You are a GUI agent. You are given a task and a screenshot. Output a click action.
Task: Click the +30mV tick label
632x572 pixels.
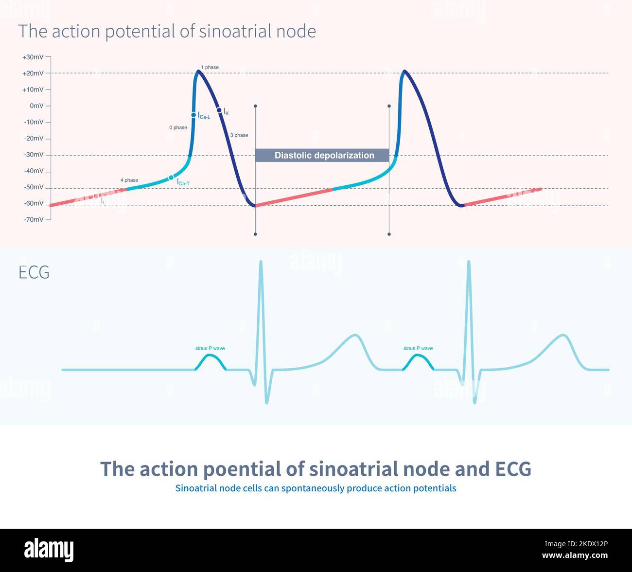(x=33, y=57)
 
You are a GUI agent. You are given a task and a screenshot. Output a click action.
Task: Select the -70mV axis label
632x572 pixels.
(x=34, y=219)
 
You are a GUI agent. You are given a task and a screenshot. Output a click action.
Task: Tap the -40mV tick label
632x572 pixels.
(x=34, y=171)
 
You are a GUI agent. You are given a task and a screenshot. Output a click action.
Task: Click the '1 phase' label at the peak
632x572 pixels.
(x=210, y=67)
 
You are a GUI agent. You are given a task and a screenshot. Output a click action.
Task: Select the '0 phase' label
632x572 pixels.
(x=178, y=127)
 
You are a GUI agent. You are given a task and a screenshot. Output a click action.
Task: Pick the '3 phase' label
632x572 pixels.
(x=239, y=135)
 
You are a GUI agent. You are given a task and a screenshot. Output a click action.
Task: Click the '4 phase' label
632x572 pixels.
(x=129, y=180)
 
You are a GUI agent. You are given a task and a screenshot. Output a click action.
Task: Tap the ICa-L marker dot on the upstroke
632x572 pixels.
(x=193, y=115)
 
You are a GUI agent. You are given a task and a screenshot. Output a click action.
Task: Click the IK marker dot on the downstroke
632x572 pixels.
(x=219, y=110)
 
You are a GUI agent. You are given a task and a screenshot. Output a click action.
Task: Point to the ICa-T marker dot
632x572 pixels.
(x=171, y=178)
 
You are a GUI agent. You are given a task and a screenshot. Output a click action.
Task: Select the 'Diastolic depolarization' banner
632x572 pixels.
(x=322, y=156)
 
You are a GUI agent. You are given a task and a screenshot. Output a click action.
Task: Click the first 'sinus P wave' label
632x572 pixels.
(x=210, y=348)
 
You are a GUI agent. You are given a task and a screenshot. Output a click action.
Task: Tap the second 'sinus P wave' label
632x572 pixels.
(x=418, y=348)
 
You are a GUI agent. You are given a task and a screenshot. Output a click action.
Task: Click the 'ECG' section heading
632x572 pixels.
(x=34, y=272)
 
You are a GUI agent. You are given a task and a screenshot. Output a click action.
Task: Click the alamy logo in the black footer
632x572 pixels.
(x=49, y=550)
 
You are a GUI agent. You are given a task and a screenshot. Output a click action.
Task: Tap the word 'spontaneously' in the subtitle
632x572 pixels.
(x=315, y=488)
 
